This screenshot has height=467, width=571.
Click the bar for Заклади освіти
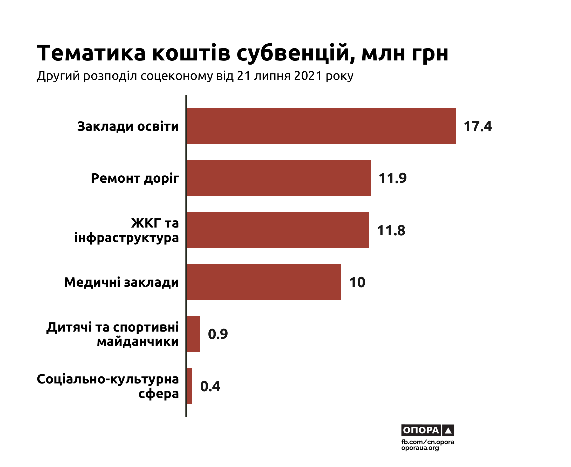(x=321, y=126)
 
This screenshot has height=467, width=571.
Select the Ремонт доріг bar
(x=278, y=178)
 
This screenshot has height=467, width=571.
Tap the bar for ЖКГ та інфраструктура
(x=278, y=230)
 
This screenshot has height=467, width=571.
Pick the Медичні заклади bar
(x=264, y=282)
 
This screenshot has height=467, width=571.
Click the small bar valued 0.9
(x=193, y=334)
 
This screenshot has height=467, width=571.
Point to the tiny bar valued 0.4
(x=189, y=386)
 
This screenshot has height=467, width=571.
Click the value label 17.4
(x=477, y=126)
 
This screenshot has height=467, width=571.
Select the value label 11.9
(x=392, y=178)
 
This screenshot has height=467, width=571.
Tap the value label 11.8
(x=391, y=231)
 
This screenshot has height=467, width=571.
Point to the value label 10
(x=357, y=283)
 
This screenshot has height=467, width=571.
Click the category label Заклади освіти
(x=128, y=126)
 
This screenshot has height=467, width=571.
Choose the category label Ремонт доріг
(x=135, y=178)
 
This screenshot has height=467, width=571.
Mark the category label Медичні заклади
(x=121, y=283)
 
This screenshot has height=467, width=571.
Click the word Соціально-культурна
(x=108, y=379)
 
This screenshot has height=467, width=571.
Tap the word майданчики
(x=138, y=342)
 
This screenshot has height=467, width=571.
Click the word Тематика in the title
(x=91, y=53)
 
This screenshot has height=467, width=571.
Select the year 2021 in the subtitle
(x=308, y=76)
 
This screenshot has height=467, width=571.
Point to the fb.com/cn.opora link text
(x=427, y=442)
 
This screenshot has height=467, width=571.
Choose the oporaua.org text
(x=420, y=448)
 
